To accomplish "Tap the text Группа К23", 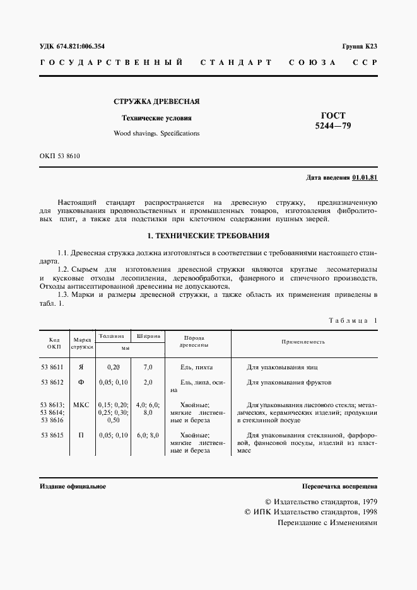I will [x=359, y=46].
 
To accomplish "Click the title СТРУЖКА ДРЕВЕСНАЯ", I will [x=156, y=101].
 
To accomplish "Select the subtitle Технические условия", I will [x=156, y=118].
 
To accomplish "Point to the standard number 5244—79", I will [x=333, y=126].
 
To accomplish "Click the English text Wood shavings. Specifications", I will [x=156, y=134].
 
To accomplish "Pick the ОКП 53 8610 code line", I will [x=59, y=155].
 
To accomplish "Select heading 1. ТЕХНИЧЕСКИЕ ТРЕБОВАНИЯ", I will [x=208, y=236].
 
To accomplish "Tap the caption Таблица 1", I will [x=352, y=320].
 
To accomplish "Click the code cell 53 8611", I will [x=54, y=366].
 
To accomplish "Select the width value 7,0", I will [x=148, y=366].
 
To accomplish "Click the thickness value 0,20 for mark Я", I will [x=114, y=366].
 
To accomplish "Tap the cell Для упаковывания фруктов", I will [x=288, y=382].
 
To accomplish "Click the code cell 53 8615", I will [x=54, y=435].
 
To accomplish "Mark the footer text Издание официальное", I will [x=73, y=487].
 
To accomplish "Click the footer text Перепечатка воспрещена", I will [x=339, y=487].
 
